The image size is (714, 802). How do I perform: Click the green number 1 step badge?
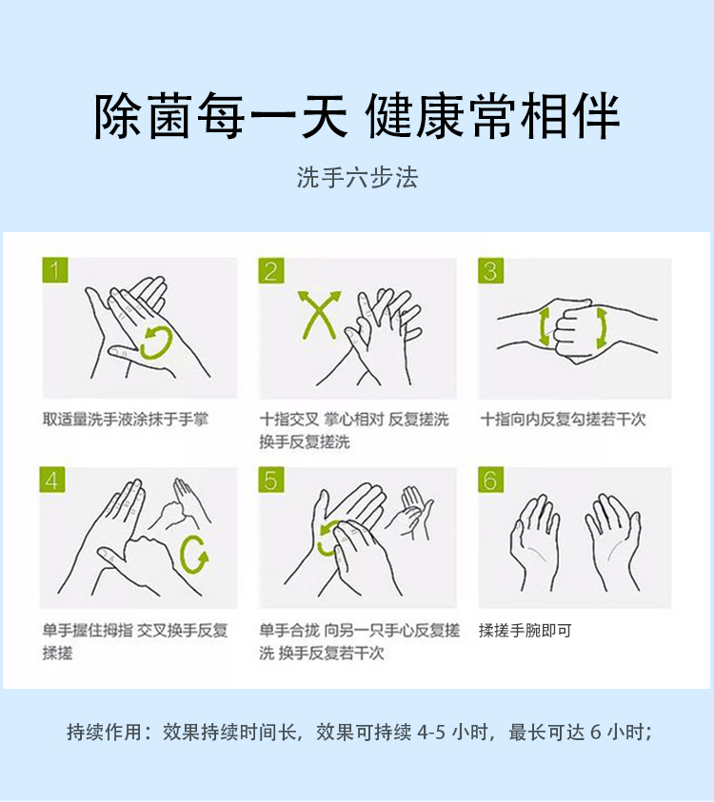tap(55, 269)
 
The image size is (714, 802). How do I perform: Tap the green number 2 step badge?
tap(271, 270)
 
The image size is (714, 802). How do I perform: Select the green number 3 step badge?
tap(490, 270)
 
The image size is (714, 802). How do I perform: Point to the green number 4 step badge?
tap(52, 479)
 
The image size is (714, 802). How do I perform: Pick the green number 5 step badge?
tap(271, 479)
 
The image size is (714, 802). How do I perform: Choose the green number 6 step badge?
tap(490, 479)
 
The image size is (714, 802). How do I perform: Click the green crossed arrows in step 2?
tap(319, 315)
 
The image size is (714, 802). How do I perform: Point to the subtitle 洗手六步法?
tap(357, 178)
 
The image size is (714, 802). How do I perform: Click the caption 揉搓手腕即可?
tap(526, 630)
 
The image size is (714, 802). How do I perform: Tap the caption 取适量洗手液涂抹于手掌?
tap(126, 420)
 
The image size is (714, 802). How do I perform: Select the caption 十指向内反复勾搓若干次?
tap(563, 420)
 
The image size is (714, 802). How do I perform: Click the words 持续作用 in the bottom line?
tap(105, 732)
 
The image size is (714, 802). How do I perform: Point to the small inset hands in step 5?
tap(410, 513)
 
